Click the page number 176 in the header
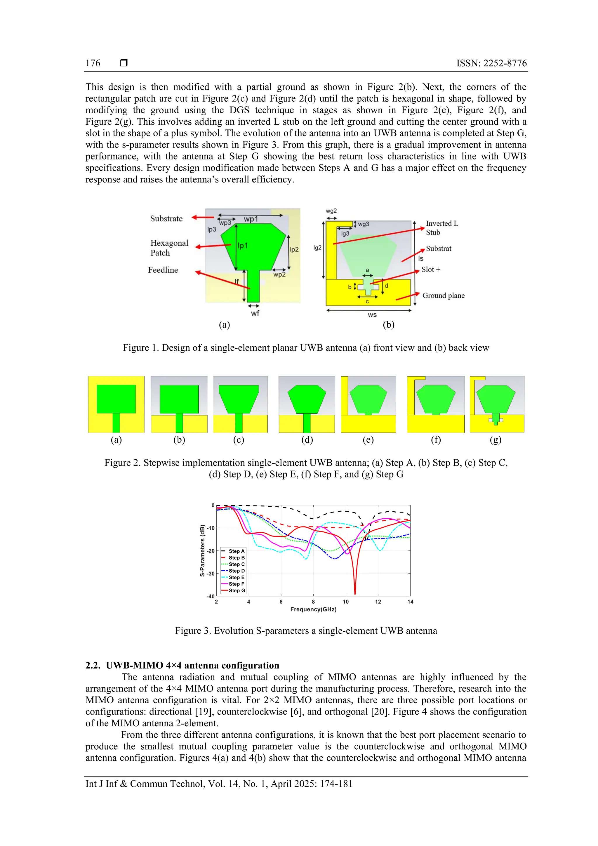click(x=93, y=63)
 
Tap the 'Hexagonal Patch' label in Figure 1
click(x=169, y=248)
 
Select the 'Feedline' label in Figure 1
click(x=163, y=270)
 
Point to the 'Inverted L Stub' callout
click(x=442, y=228)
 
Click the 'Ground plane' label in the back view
click(x=443, y=296)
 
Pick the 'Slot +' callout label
click(x=431, y=269)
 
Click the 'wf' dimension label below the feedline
click(x=255, y=313)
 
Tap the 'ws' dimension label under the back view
click(x=372, y=315)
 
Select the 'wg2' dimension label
click(x=331, y=211)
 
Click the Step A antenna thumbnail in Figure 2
click(x=116, y=404)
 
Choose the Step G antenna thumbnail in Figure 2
click(x=497, y=404)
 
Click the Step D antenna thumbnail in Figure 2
click(x=307, y=404)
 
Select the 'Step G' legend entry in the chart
click(x=236, y=590)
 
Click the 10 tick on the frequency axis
click(x=346, y=602)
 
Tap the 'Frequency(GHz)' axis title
click(x=313, y=609)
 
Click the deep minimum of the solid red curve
click(x=355, y=593)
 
